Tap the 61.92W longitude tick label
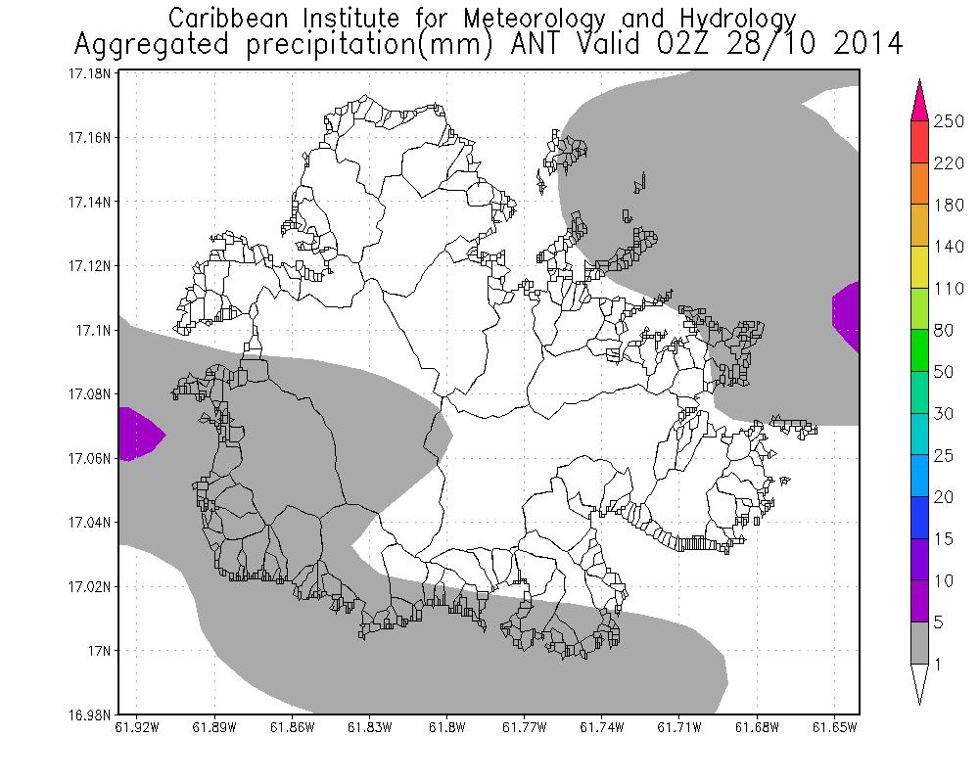[x=136, y=727]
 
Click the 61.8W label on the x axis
[x=446, y=727]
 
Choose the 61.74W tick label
[x=601, y=727]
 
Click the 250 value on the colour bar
[x=949, y=121]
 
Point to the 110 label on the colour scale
[x=949, y=289]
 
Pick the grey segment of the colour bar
[x=919, y=643]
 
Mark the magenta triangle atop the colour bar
[x=919, y=101]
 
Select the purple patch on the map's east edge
[x=848, y=313]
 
